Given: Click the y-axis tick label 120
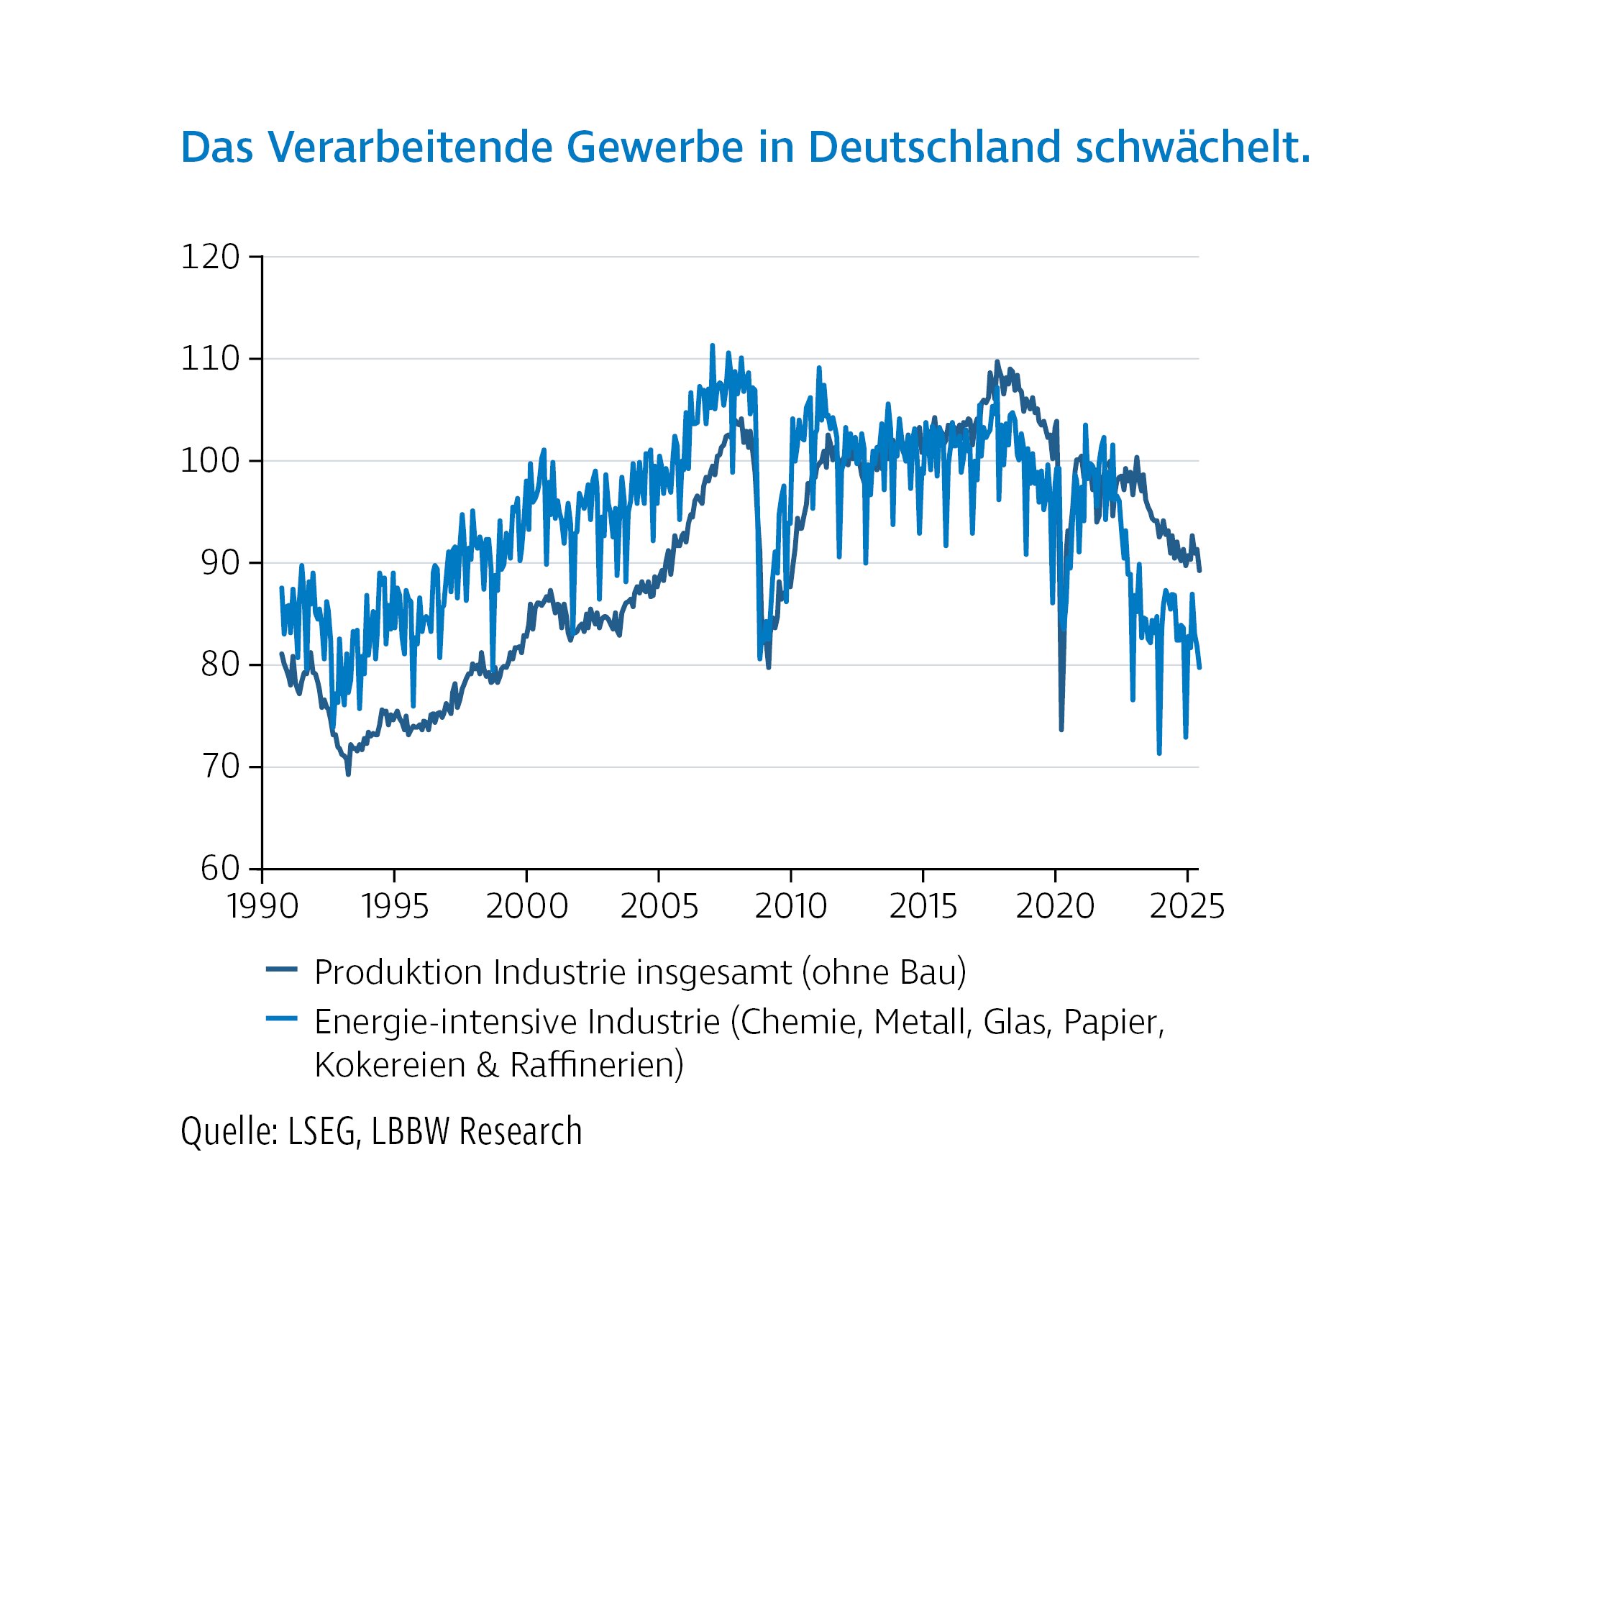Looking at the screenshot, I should pyautogui.click(x=210, y=257).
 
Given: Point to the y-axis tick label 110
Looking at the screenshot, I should pyautogui.click(x=210, y=360).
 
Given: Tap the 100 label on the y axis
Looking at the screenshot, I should pyautogui.click(x=210, y=462).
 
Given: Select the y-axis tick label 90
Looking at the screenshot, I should pyautogui.click(x=220, y=564).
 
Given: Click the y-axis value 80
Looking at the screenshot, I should pyautogui.click(x=220, y=665).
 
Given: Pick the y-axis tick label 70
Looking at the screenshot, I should pyautogui.click(x=220, y=767).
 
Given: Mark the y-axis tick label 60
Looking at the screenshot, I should pyautogui.click(x=220, y=869).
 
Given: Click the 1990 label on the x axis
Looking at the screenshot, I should pyautogui.click(x=262, y=906).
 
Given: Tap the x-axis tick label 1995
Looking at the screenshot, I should pyautogui.click(x=395, y=906).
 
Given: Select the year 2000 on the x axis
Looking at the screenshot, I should pyautogui.click(x=527, y=906).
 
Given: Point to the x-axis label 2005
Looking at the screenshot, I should pyautogui.click(x=659, y=906).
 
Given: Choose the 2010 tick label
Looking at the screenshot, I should pyautogui.click(x=790, y=906).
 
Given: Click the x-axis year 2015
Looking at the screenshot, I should pyautogui.click(x=923, y=906).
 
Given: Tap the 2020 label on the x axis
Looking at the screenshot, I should pyautogui.click(x=1055, y=906).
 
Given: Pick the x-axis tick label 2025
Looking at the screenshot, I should pyautogui.click(x=1187, y=906).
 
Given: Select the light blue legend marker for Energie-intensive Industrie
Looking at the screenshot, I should pyautogui.click(x=281, y=1019).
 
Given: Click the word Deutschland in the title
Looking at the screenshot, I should pyautogui.click(x=935, y=147).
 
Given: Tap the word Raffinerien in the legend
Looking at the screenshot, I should pyautogui.click(x=596, y=1064).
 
